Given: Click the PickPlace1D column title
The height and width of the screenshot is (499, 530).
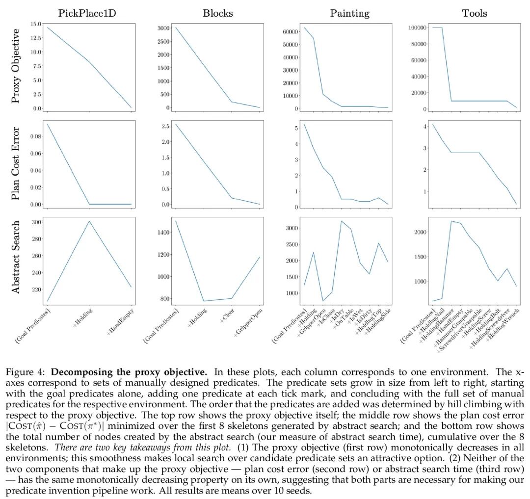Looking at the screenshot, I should coord(89,13).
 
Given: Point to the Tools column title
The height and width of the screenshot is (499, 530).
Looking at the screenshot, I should coord(475,13).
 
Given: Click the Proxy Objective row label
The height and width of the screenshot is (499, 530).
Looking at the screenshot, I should coord(16,66).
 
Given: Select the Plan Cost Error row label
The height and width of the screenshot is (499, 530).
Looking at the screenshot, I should coord(16,164).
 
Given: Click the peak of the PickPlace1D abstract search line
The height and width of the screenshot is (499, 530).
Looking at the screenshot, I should coord(90,221).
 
